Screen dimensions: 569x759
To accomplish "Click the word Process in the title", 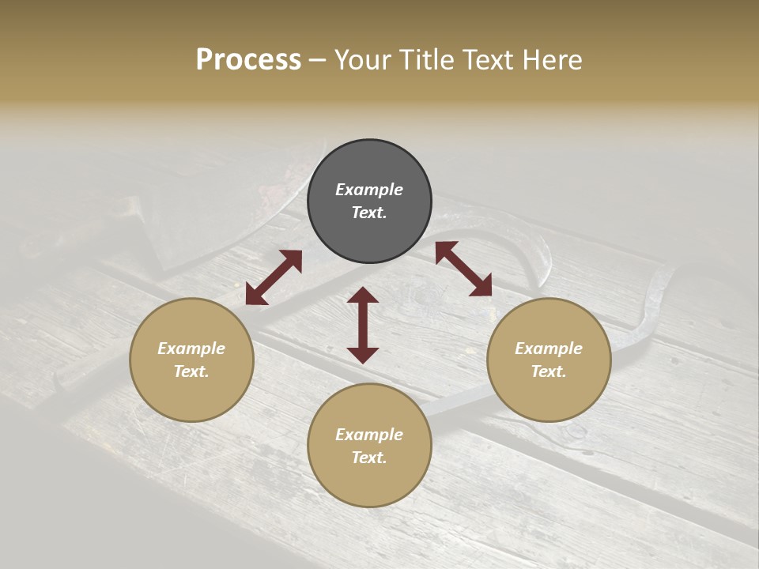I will [248, 60].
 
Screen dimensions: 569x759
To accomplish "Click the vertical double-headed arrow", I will [363, 325].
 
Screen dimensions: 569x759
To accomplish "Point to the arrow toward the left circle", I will [274, 277].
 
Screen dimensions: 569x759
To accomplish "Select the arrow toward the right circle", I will [463, 269].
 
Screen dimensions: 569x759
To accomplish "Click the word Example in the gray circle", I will [369, 190].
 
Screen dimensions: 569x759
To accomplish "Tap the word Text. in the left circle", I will [191, 371].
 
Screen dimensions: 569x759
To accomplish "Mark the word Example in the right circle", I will [549, 349].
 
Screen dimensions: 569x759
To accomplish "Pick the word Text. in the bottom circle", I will [369, 458].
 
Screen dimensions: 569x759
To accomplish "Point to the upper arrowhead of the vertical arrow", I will [363, 296].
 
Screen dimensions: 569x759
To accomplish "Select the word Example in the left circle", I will [191, 349].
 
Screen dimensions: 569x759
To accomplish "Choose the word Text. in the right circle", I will [549, 371].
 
